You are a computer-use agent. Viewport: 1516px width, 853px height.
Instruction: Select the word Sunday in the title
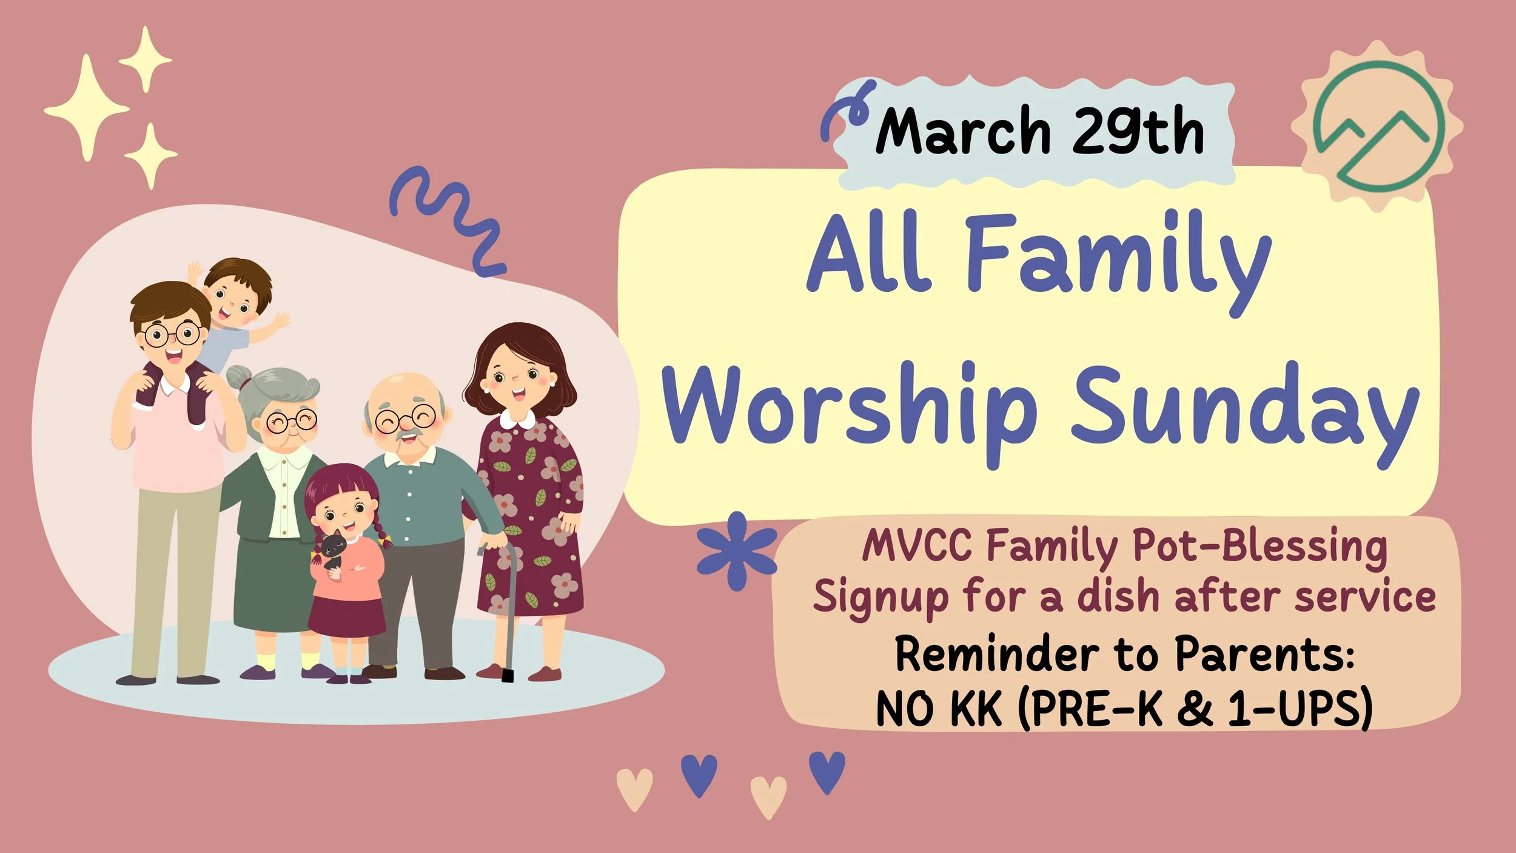pyautogui.click(x=1243, y=410)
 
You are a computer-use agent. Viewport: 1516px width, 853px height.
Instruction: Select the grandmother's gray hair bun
pyautogui.click(x=240, y=379)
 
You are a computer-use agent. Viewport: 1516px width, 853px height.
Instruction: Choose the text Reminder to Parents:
pyautogui.click(x=1125, y=655)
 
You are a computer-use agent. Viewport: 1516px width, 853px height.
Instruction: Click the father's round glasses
pyautogui.click(x=173, y=334)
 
